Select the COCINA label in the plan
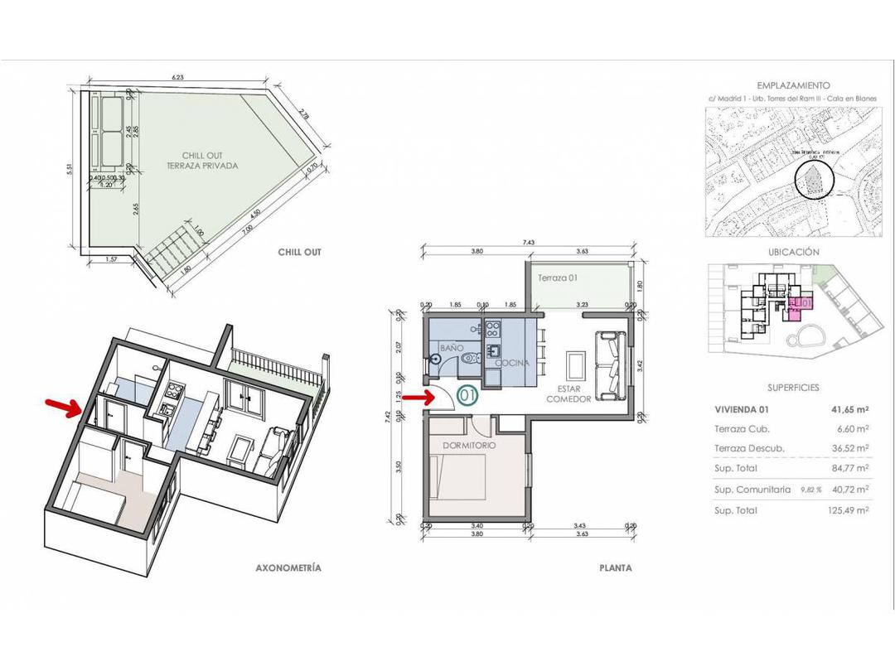pos(511,363)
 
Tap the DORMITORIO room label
pos(469,445)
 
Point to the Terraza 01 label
pos(557,278)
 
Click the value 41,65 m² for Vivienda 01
pos(849,409)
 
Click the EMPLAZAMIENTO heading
pos(793,85)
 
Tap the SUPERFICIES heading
pos(793,387)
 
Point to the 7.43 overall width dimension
pos(529,242)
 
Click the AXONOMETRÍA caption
pos(288,567)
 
